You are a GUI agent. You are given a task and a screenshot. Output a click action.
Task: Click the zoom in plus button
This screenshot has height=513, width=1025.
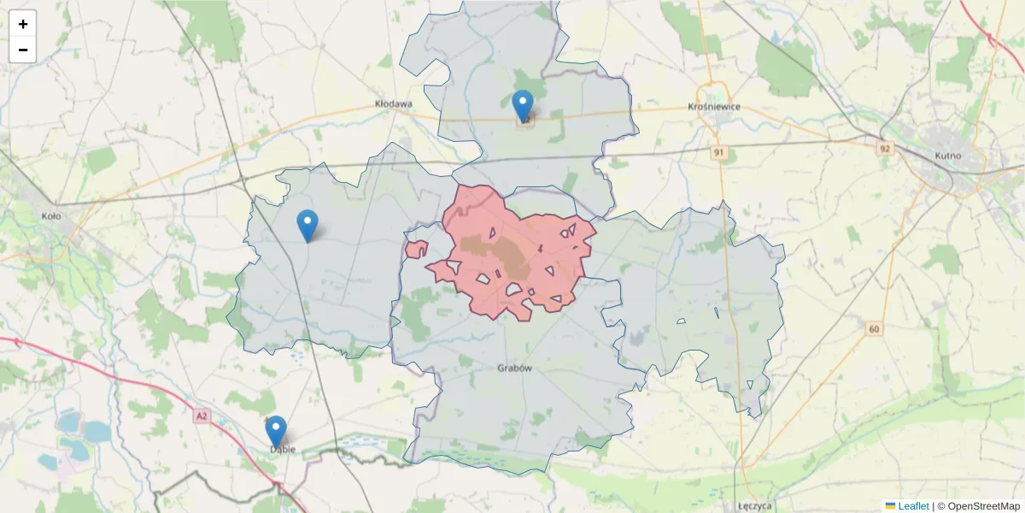tap(23, 24)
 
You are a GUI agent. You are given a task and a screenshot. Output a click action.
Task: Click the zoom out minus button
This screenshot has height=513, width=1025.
tap(23, 50)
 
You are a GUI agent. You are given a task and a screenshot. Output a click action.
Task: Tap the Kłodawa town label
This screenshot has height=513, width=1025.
tap(394, 103)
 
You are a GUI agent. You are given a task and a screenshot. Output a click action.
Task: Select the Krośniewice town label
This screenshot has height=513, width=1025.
tap(714, 107)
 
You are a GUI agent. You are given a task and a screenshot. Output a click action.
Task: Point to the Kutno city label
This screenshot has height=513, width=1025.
tap(948, 156)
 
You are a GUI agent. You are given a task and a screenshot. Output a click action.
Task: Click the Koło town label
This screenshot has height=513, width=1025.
tap(51, 216)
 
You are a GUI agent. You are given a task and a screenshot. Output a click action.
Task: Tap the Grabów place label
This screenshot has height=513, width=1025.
tap(514, 369)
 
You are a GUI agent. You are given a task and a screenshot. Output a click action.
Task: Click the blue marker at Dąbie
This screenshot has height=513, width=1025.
tap(275, 431)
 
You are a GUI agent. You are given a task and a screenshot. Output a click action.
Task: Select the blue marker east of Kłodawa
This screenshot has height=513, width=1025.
tap(523, 105)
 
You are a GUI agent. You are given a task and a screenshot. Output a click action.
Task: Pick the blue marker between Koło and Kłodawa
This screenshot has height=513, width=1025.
tap(307, 225)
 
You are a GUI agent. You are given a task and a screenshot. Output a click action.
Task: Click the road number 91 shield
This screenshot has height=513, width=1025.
tap(720, 152)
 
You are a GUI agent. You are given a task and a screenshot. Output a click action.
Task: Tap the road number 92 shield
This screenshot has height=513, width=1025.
tap(884, 148)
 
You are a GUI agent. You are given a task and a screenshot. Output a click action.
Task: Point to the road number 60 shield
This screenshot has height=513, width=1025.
tap(873, 329)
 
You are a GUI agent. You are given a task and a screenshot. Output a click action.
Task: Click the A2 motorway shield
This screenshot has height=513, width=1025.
tap(202, 416)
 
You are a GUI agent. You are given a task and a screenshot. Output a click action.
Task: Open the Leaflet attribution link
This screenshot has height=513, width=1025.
tap(913, 506)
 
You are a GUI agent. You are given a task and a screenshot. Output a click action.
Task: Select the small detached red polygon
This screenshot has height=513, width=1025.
tap(417, 249)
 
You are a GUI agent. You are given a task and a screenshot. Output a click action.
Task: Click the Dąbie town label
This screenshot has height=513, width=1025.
tap(282, 449)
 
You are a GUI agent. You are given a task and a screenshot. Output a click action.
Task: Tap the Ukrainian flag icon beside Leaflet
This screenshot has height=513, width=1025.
tap(890, 506)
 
